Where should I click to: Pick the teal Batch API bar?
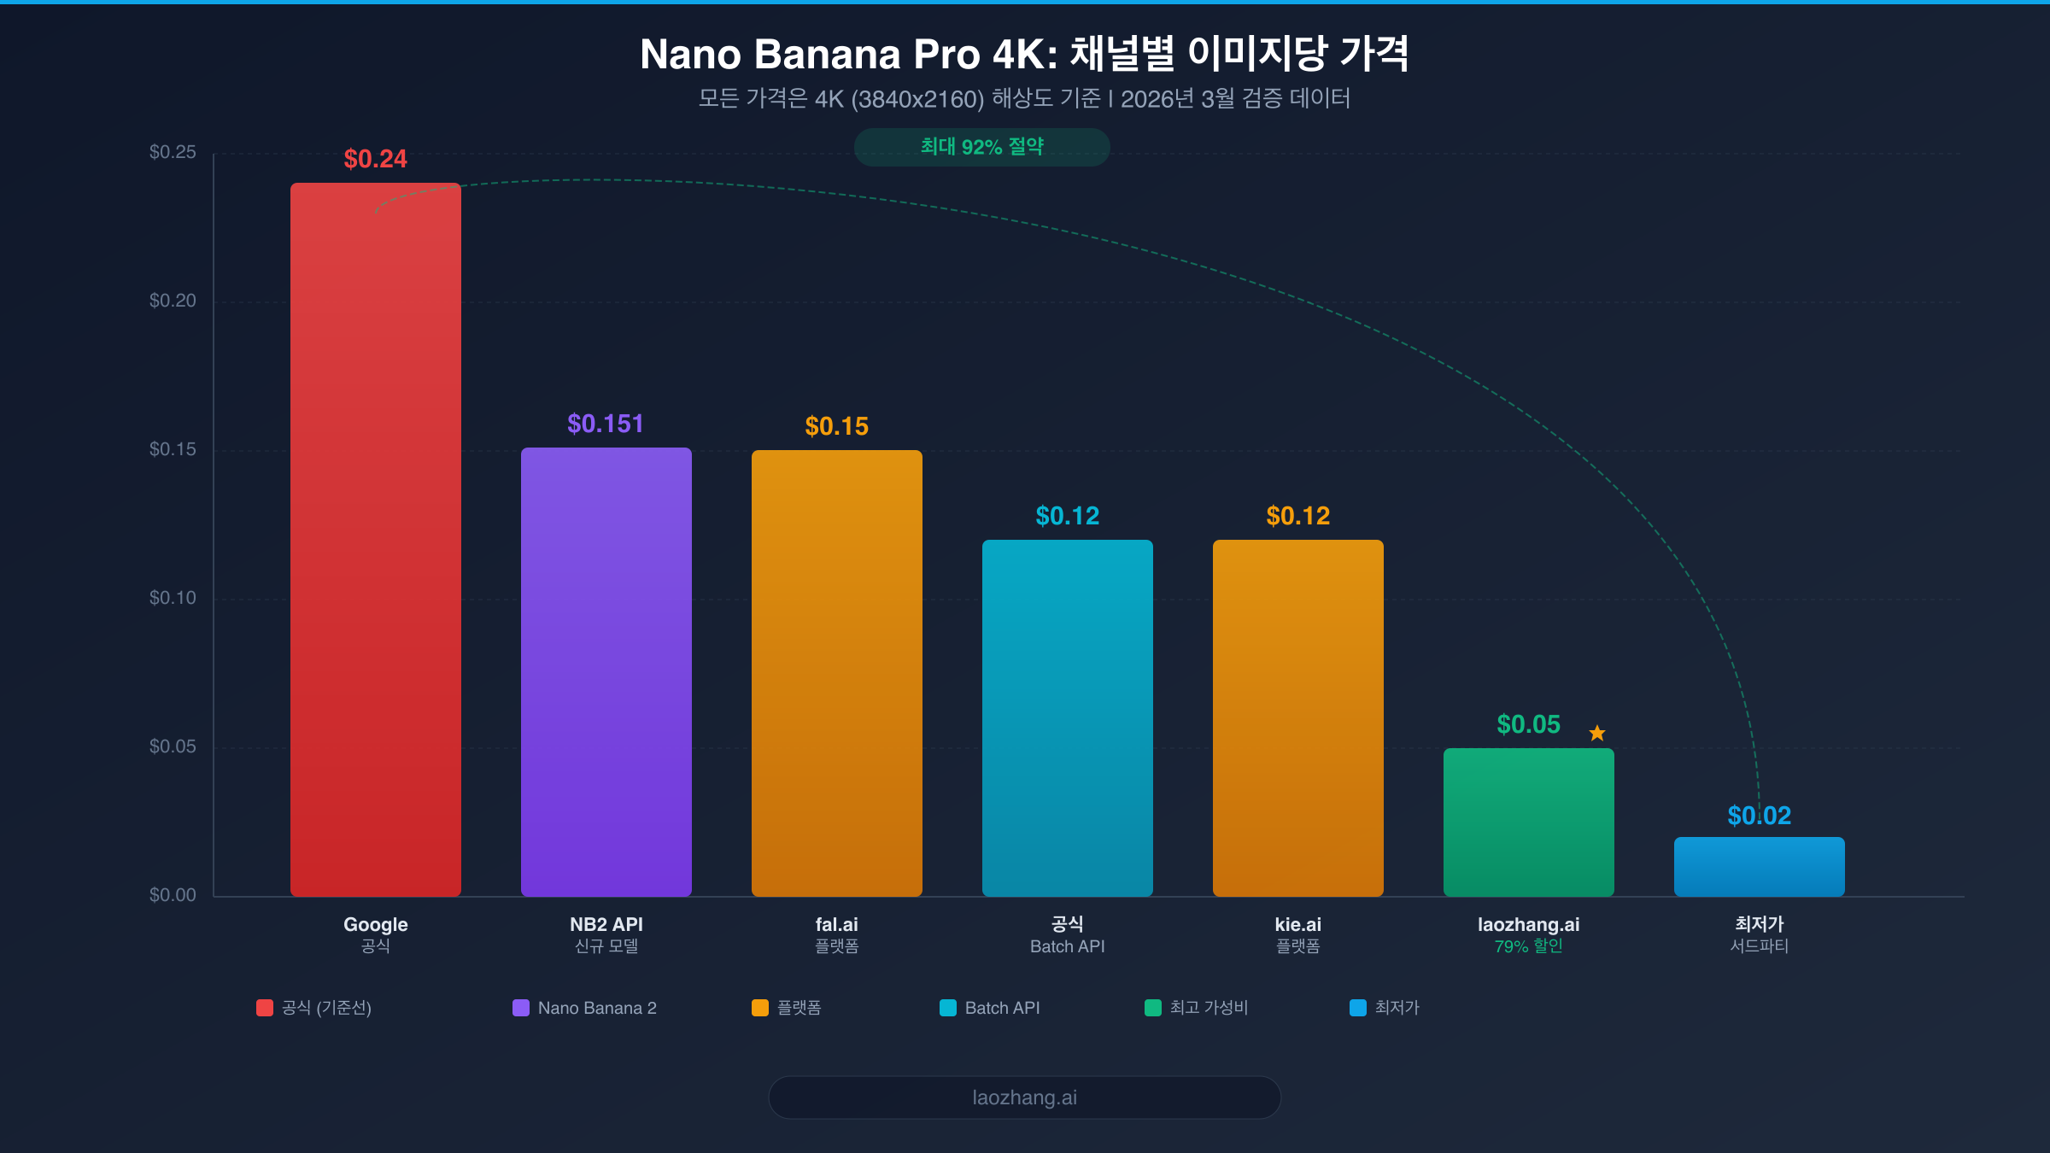tap(1068, 717)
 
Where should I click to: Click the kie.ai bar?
tap(1298, 717)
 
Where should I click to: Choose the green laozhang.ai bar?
tap(1529, 822)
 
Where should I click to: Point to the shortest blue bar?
tap(1760, 866)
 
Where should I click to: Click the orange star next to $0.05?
tap(1597, 733)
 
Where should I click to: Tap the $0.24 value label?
tap(376, 159)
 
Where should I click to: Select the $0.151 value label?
tap(606, 424)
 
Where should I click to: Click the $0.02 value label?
tap(1760, 816)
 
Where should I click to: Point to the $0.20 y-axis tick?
tap(173, 301)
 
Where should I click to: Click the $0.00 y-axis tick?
tap(173, 895)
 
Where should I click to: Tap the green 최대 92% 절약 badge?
tap(982, 147)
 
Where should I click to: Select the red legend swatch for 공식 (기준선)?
tap(265, 1008)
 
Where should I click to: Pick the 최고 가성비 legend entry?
tap(1197, 1008)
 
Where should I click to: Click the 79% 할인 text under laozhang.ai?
tap(1529, 946)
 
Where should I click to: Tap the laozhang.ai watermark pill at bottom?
tap(1025, 1097)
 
